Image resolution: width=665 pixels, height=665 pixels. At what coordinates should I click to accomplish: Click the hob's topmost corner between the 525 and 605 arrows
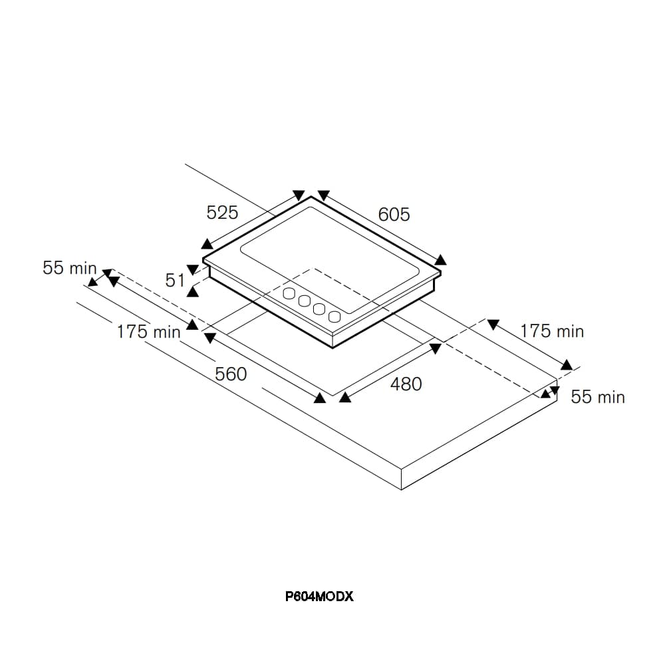[311, 197]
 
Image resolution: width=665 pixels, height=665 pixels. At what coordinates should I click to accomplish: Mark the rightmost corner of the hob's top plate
[441, 273]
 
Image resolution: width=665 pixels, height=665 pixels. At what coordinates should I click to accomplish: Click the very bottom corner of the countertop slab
[401, 490]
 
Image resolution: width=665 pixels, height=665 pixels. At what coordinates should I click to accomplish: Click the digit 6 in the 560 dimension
[231, 374]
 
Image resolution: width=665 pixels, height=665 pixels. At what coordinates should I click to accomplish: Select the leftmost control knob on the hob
[289, 293]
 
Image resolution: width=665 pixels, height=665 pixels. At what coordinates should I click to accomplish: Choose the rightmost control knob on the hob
[334, 317]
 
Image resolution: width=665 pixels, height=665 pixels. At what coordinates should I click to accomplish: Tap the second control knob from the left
[305, 301]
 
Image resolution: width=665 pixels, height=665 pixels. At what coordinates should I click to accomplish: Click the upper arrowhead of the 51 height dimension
[193, 270]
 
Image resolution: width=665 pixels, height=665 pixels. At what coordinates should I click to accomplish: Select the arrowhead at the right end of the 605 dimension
[441, 260]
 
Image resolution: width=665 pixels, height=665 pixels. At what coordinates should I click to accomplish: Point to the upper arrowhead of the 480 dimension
[436, 348]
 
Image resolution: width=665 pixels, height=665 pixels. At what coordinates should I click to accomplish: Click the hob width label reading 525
[222, 213]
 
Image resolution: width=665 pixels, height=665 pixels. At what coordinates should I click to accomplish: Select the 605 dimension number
[394, 215]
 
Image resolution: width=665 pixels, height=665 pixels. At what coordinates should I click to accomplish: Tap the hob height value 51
[175, 281]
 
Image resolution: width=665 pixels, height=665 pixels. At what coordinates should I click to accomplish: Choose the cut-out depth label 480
[406, 384]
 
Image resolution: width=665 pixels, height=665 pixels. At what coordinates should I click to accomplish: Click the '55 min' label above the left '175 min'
[70, 268]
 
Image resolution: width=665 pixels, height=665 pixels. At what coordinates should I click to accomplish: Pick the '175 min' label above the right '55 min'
[552, 331]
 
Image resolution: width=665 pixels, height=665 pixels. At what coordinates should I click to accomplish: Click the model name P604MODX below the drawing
[319, 597]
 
